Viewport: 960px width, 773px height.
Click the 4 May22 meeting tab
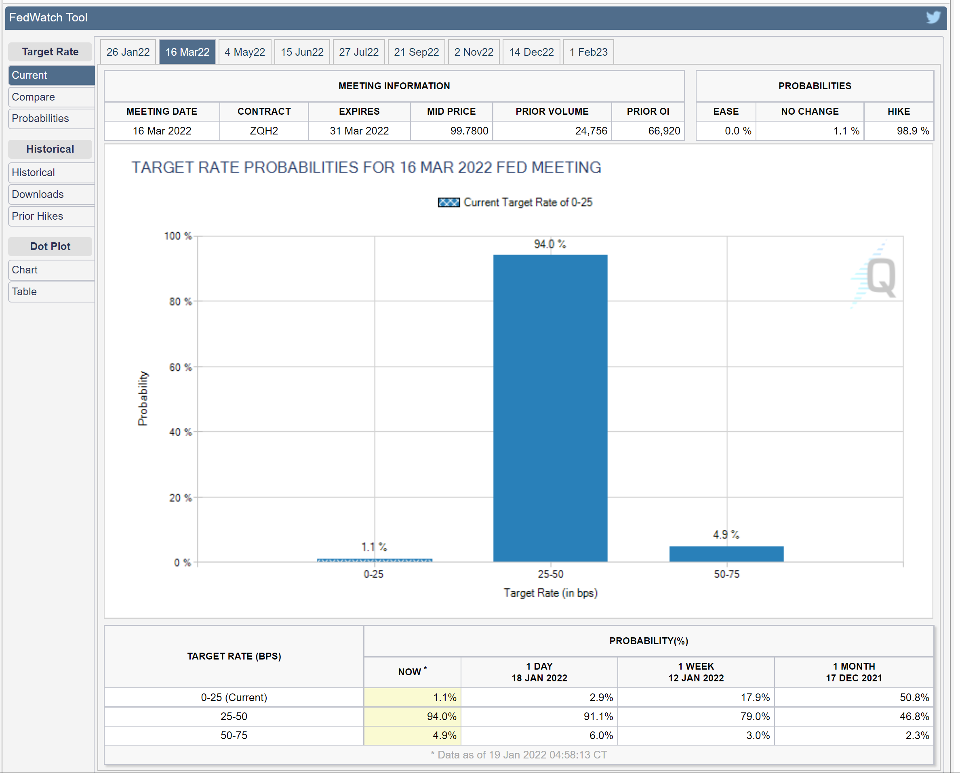[244, 52]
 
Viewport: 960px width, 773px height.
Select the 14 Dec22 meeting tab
[531, 52]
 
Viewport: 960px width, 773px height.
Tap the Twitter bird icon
[933, 17]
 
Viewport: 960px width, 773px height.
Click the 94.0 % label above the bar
[550, 244]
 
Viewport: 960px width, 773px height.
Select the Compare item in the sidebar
[34, 97]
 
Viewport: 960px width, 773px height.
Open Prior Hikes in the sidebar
[38, 216]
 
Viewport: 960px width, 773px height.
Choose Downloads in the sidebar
[38, 194]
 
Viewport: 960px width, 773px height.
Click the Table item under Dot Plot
[25, 292]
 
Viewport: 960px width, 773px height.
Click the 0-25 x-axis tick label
[373, 574]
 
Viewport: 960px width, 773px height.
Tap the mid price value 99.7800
[469, 131]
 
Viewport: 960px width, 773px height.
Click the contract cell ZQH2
[264, 131]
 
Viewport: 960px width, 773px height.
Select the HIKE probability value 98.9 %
[912, 131]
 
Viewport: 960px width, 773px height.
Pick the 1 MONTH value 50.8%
[914, 697]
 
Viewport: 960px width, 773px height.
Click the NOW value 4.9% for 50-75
[444, 735]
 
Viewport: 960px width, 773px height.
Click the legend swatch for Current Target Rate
[448, 203]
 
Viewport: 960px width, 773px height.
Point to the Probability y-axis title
[143, 398]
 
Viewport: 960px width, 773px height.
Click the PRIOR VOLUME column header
[552, 111]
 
